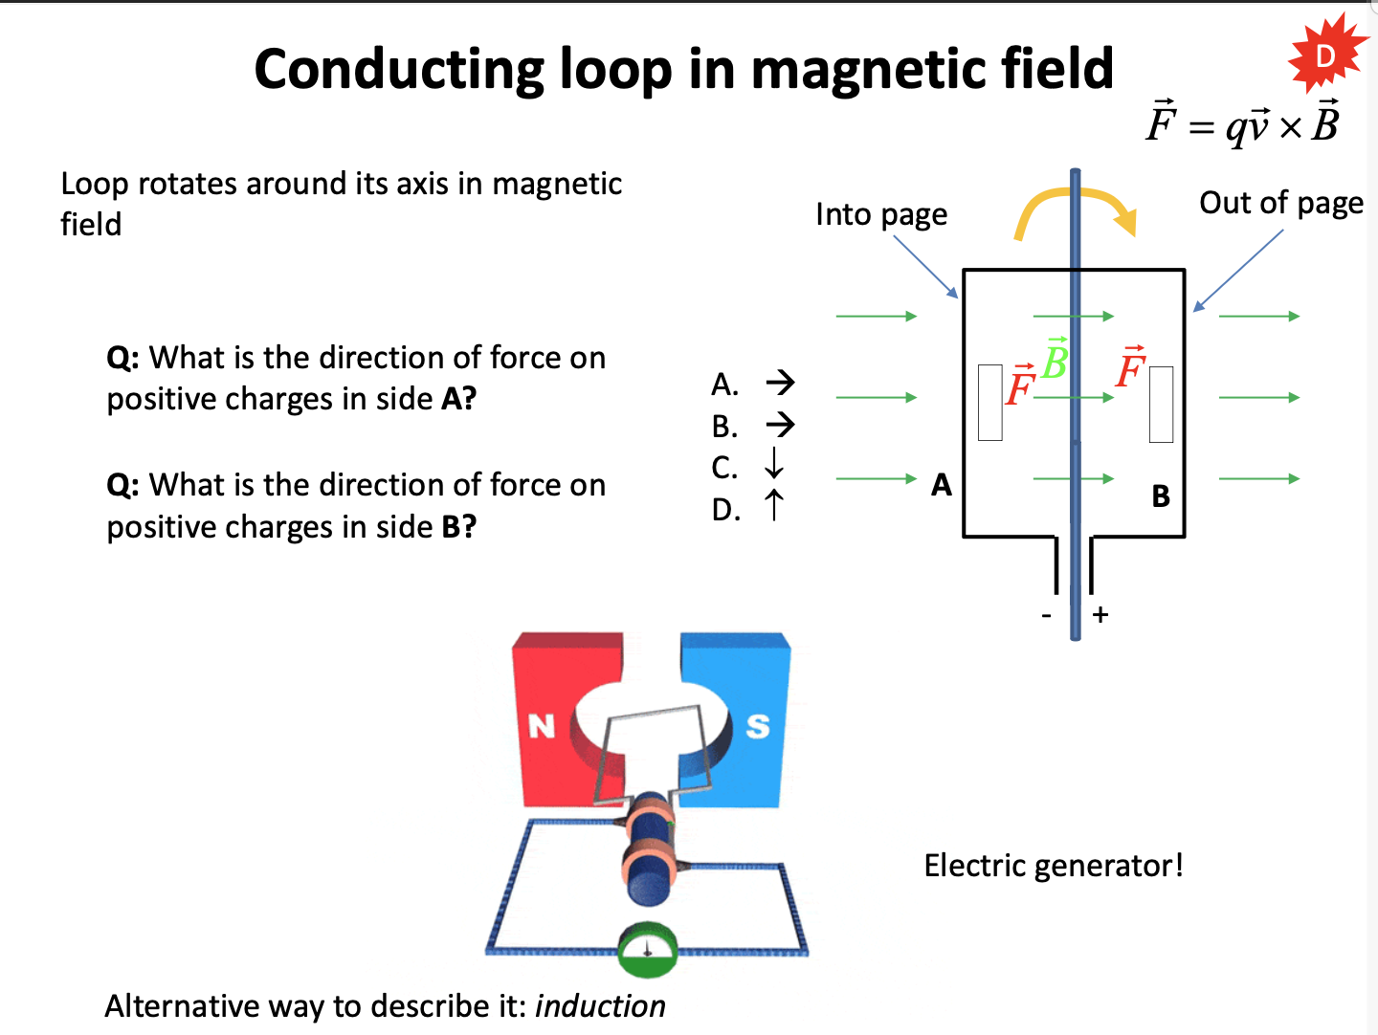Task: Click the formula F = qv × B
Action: [x=1242, y=122]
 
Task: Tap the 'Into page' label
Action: [x=880, y=215]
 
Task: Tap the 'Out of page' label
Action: [x=1280, y=204]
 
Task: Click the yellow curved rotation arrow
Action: [x=1075, y=209]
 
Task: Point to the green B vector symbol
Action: [x=1055, y=362]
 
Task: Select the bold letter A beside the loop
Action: [x=942, y=486]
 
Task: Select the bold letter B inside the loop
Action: [x=1161, y=496]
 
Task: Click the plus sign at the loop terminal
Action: [x=1100, y=615]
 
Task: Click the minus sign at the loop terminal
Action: [x=1047, y=615]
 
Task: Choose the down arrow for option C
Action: [x=774, y=465]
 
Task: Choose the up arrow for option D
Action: [x=774, y=506]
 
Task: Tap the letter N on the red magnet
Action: [x=542, y=727]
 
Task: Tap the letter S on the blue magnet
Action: [x=758, y=727]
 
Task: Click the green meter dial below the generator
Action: [x=648, y=949]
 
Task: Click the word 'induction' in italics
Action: [x=600, y=1006]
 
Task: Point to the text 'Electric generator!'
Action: [x=1053, y=866]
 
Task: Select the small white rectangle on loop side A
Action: [x=990, y=402]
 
